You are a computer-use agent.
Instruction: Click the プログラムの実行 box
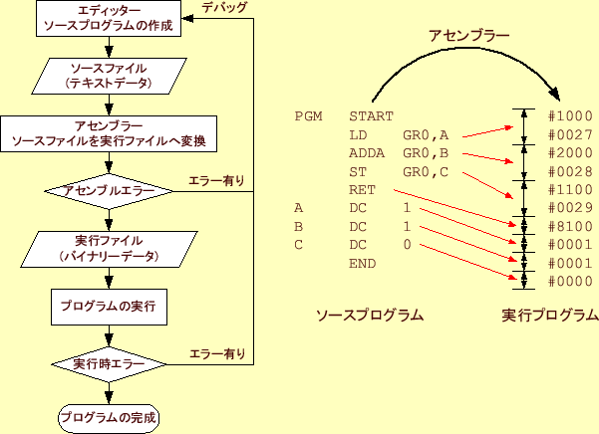(108, 305)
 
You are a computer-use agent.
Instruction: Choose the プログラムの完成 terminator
(108, 417)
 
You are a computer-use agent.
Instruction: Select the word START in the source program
(372, 116)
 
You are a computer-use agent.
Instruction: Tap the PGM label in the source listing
(308, 116)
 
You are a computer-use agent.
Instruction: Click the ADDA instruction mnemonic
(367, 153)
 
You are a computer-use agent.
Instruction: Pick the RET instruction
(362, 190)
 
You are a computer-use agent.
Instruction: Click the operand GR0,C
(427, 171)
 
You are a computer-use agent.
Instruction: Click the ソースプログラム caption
(369, 315)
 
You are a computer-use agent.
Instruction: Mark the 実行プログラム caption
(550, 315)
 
